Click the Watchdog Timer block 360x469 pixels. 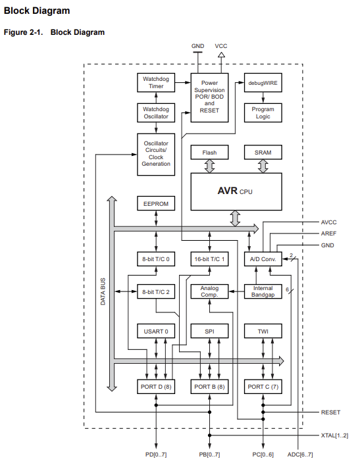click(x=156, y=83)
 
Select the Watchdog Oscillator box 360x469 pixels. click(x=156, y=112)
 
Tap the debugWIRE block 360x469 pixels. click(x=263, y=83)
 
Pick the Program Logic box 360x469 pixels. click(x=263, y=112)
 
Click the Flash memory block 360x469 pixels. click(x=209, y=153)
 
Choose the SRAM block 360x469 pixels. click(x=263, y=153)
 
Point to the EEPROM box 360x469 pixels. click(x=156, y=204)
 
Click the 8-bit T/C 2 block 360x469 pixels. click(x=156, y=291)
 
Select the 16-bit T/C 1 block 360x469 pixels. click(x=209, y=259)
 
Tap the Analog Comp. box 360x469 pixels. click(x=209, y=291)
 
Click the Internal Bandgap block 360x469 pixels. click(x=263, y=291)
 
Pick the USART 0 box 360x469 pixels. click(x=156, y=332)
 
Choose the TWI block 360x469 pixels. click(x=263, y=332)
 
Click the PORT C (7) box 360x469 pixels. click(x=263, y=387)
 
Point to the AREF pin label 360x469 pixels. click(x=328, y=234)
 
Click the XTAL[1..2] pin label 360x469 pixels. click(x=334, y=435)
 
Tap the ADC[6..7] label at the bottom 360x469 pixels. click(x=300, y=455)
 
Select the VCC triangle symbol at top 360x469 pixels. click(x=221, y=55)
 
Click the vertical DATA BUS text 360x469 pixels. click(x=103, y=291)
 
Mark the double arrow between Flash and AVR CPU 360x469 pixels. click(x=209, y=166)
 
